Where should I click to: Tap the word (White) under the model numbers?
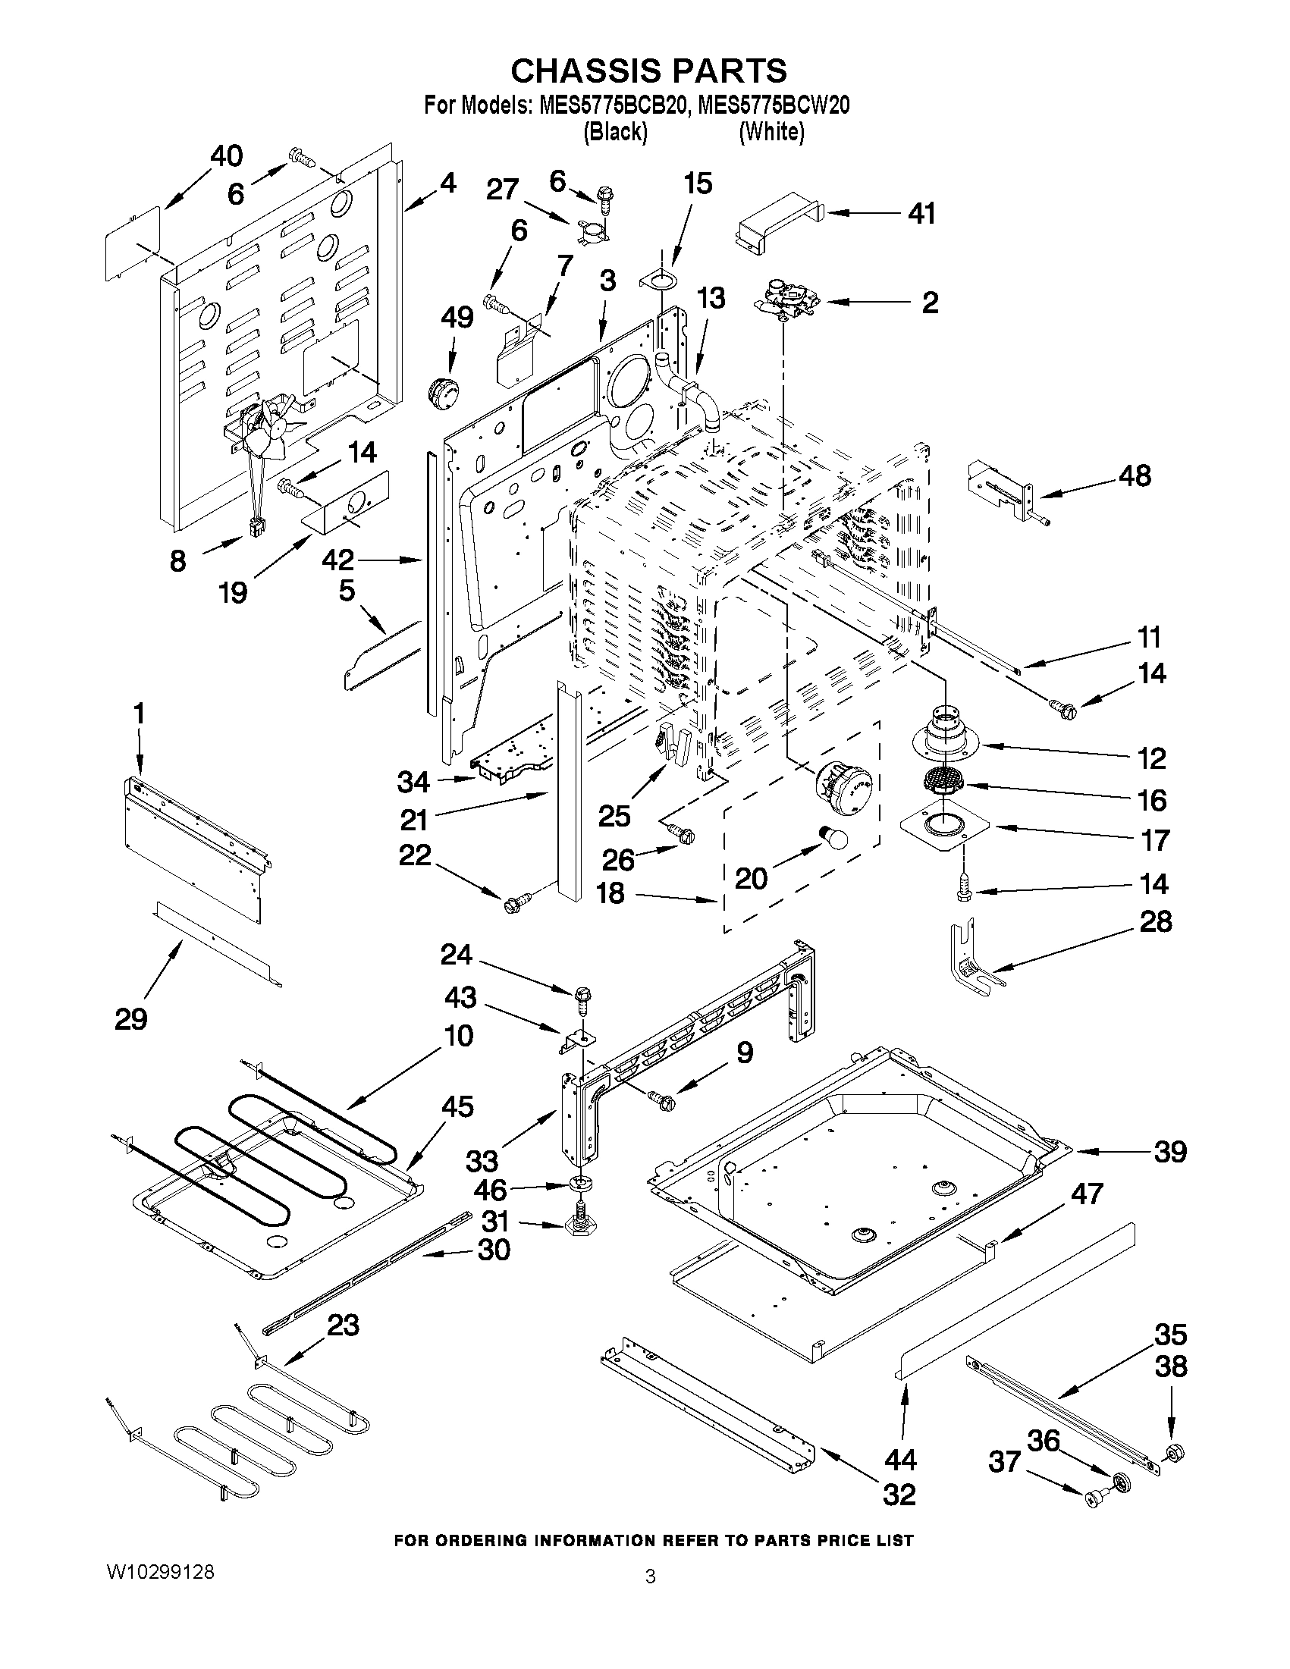[771, 132]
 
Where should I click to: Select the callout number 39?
[1170, 1152]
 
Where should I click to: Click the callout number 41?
[921, 214]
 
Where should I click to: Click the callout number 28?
[1155, 921]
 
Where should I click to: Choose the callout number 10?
[458, 1036]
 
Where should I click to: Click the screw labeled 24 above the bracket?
[582, 997]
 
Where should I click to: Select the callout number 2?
[928, 303]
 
